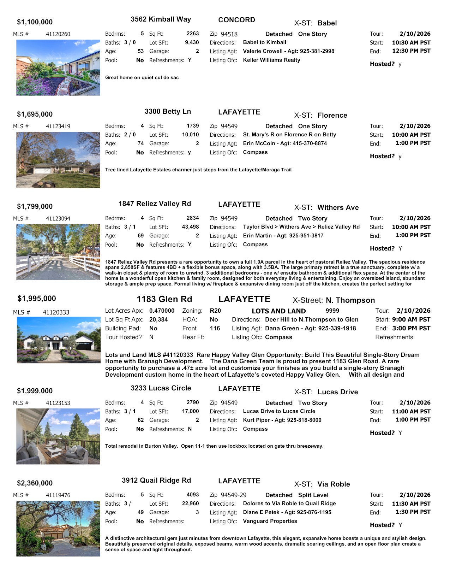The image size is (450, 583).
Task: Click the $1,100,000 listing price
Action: [x=35, y=22]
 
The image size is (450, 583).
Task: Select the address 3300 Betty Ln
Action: [x=168, y=112]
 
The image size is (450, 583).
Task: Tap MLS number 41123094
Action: [x=58, y=219]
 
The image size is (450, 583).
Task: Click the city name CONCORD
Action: [x=236, y=20]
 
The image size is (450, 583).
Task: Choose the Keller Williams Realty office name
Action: [x=271, y=60]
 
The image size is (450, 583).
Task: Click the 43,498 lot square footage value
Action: [x=190, y=227]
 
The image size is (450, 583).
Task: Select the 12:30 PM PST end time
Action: [x=411, y=51]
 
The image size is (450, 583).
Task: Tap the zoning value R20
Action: [x=215, y=311]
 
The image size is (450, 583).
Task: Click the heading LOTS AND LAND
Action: [x=278, y=311]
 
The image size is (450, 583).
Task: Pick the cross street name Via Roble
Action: [x=334, y=484]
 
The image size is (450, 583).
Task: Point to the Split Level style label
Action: [x=313, y=495]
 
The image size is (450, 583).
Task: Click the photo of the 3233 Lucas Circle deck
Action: [x=58, y=436]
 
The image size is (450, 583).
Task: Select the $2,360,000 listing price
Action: [x=35, y=483]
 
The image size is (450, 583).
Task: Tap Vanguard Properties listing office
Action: [x=270, y=521]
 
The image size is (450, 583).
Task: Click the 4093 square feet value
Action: [x=193, y=495]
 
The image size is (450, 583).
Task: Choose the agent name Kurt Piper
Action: [x=256, y=420]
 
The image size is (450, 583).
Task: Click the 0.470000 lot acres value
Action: [x=162, y=311]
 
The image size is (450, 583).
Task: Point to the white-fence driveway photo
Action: [x=58, y=252]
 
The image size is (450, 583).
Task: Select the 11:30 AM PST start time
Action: [x=411, y=504]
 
